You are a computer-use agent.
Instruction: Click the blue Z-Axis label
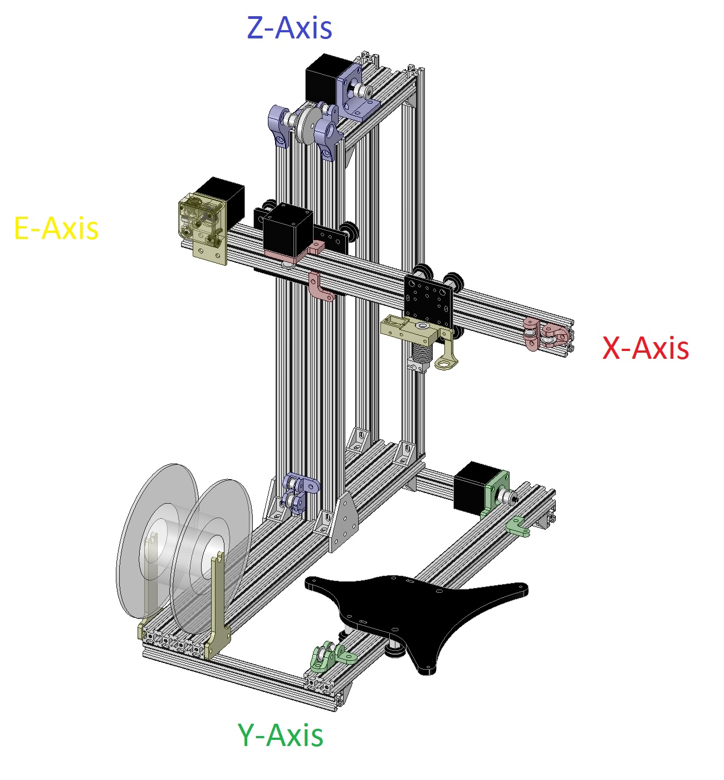[290, 28]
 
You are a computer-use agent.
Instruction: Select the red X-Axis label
[645, 348]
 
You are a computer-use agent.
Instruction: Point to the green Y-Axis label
[280, 735]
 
